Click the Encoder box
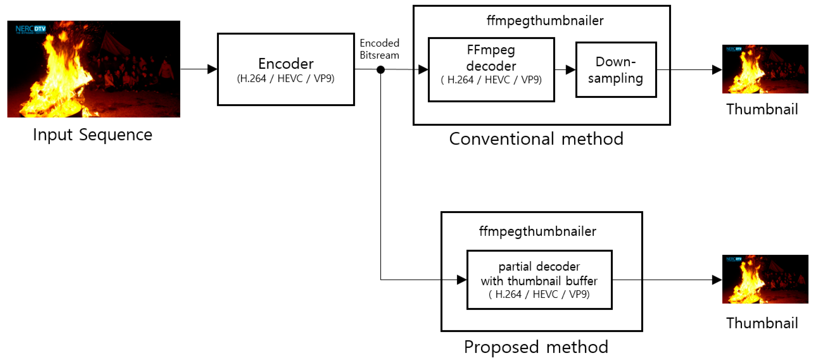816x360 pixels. (286, 69)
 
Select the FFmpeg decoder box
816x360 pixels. (491, 70)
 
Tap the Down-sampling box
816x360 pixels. (616, 70)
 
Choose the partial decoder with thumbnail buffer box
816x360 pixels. (540, 280)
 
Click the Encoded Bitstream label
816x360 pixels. (379, 49)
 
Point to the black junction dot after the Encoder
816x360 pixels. (381, 70)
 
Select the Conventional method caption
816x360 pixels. (536, 139)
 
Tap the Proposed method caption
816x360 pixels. (536, 347)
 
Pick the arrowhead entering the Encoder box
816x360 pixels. (212, 69)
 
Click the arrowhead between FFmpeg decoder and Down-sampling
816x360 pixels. (571, 70)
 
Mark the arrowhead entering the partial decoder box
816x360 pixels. (462, 280)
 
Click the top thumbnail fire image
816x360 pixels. (765, 69)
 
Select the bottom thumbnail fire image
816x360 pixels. (765, 279)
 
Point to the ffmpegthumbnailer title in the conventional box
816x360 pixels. (545, 21)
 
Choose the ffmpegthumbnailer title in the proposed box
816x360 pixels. (538, 232)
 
